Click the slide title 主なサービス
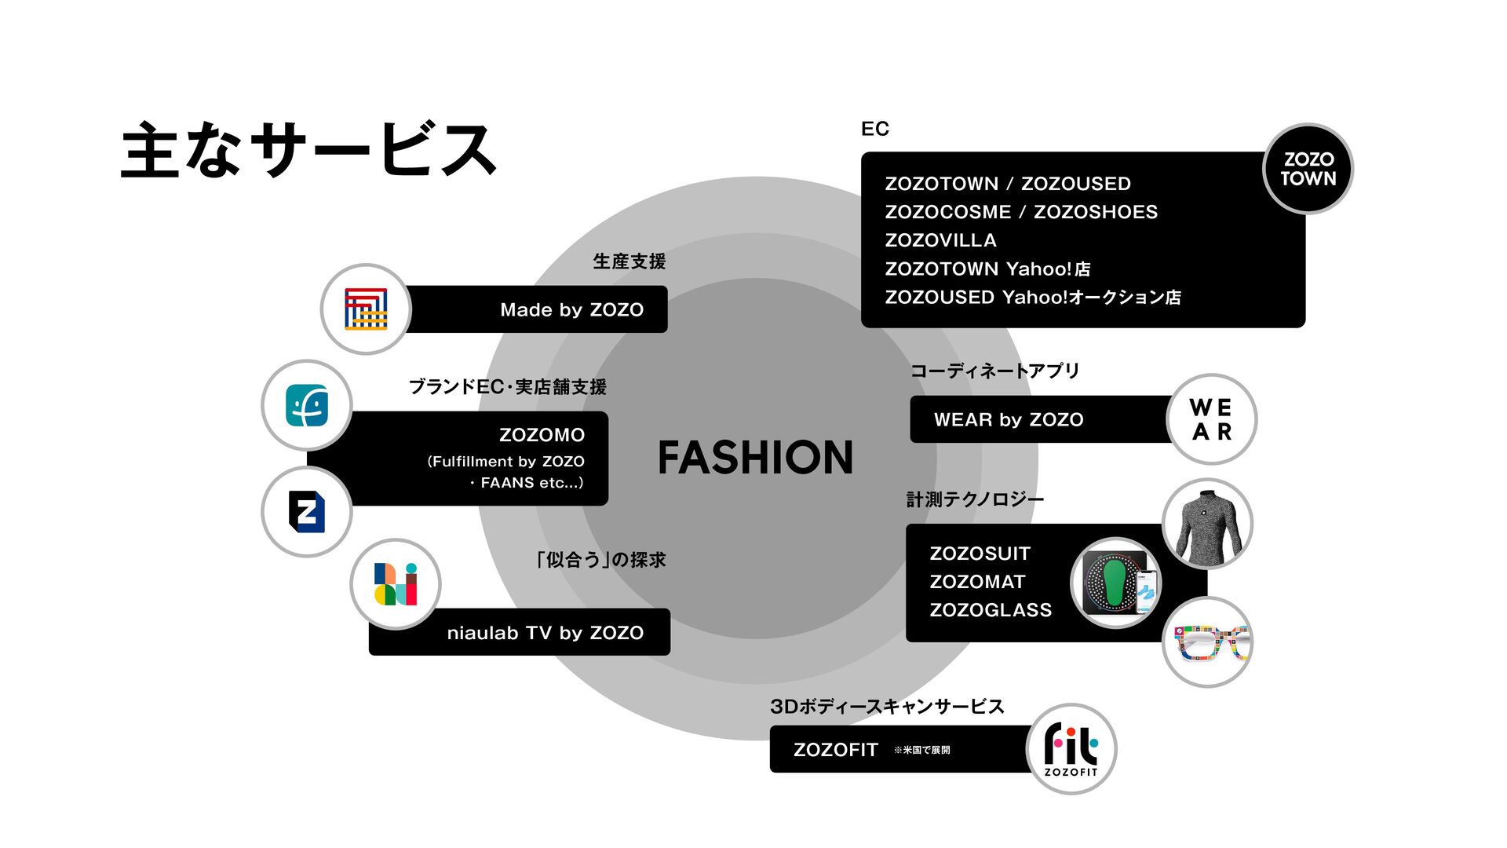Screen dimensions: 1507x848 tap(308, 149)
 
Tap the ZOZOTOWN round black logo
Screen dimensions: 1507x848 tap(1308, 169)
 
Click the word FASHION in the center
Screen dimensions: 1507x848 tap(755, 458)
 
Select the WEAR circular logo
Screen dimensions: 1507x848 tap(1211, 419)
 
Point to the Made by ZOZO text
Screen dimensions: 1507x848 tap(571, 310)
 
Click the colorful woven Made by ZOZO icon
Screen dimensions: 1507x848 tap(366, 309)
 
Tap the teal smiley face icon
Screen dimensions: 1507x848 tap(307, 405)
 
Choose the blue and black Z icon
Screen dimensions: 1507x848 tap(307, 512)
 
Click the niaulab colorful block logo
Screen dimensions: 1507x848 tap(396, 584)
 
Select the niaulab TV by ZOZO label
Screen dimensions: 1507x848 tap(545, 633)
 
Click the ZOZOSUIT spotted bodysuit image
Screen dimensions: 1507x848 tap(1207, 525)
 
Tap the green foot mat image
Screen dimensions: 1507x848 tap(1116, 583)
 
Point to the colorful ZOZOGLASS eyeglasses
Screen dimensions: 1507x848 tap(1207, 642)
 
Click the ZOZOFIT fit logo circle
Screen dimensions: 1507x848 tap(1071, 749)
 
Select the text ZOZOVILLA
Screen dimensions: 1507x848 tap(940, 240)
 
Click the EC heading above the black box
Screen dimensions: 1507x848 tap(874, 129)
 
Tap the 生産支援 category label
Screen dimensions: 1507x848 tap(629, 261)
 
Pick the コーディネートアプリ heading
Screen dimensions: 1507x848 tap(994, 371)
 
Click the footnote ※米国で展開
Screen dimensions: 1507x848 tap(921, 751)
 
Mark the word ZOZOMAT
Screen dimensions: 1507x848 tap(977, 582)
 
